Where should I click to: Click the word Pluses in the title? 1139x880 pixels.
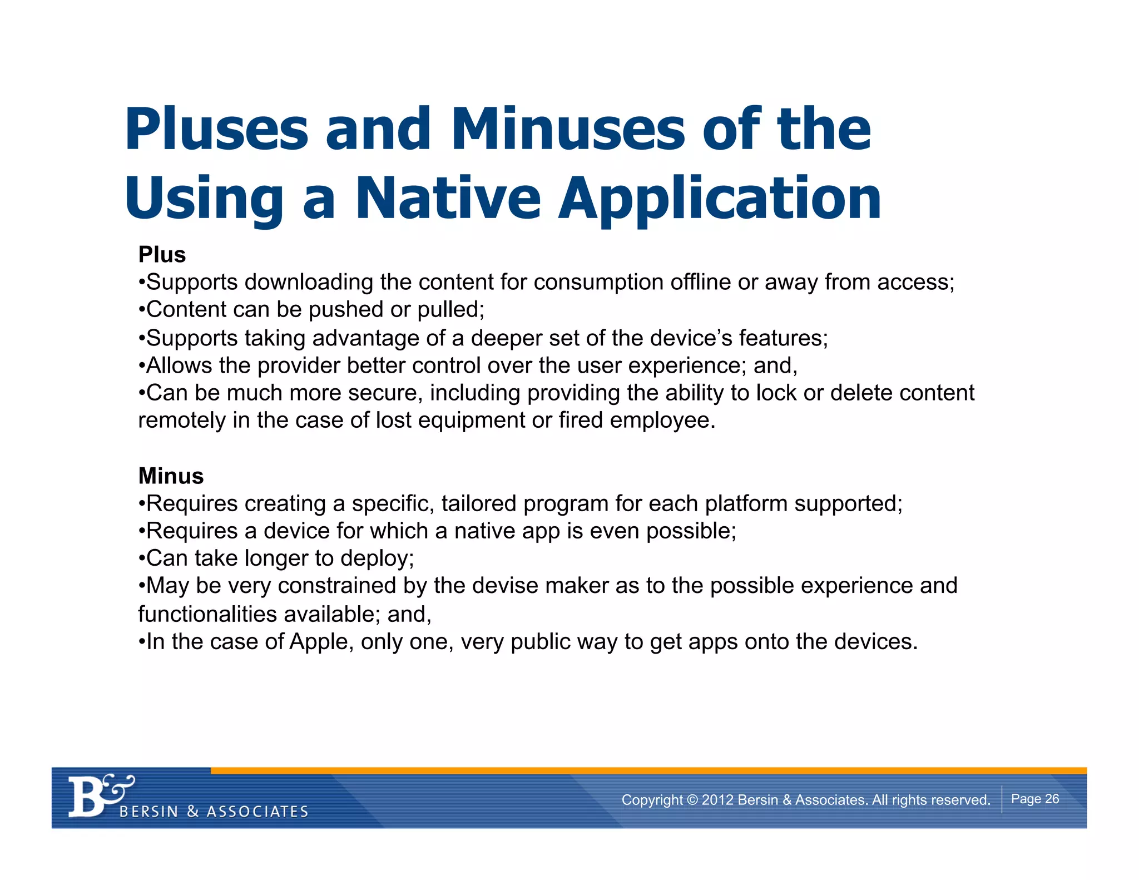click(216, 129)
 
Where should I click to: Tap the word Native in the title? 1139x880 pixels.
click(448, 198)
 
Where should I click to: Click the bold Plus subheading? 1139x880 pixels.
click(162, 255)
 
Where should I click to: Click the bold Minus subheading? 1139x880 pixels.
click(171, 476)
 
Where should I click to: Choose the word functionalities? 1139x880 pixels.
click(207, 614)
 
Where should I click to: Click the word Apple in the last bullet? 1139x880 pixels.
click(319, 642)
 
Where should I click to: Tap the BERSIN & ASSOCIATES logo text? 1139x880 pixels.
click(214, 812)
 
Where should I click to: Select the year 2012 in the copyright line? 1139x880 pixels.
click(717, 800)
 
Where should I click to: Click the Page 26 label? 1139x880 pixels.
click(1034, 799)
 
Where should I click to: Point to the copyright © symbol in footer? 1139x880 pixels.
click(692, 800)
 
